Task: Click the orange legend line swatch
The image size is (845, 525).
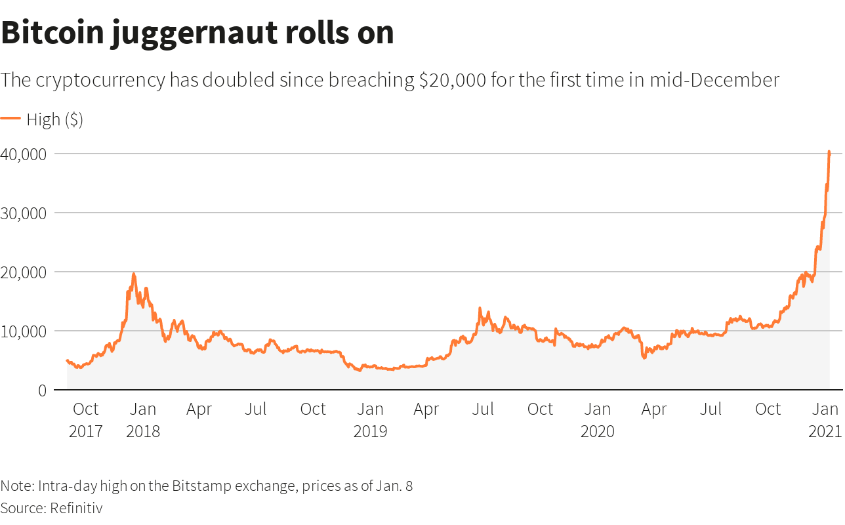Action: point(10,119)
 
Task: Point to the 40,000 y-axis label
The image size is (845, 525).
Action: point(23,154)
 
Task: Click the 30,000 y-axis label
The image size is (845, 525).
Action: point(23,213)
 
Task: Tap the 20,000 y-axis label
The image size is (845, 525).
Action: point(23,272)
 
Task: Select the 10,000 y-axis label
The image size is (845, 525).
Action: point(23,331)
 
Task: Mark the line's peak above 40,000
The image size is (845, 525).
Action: point(829,152)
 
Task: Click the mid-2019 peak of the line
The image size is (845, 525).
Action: point(480,308)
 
